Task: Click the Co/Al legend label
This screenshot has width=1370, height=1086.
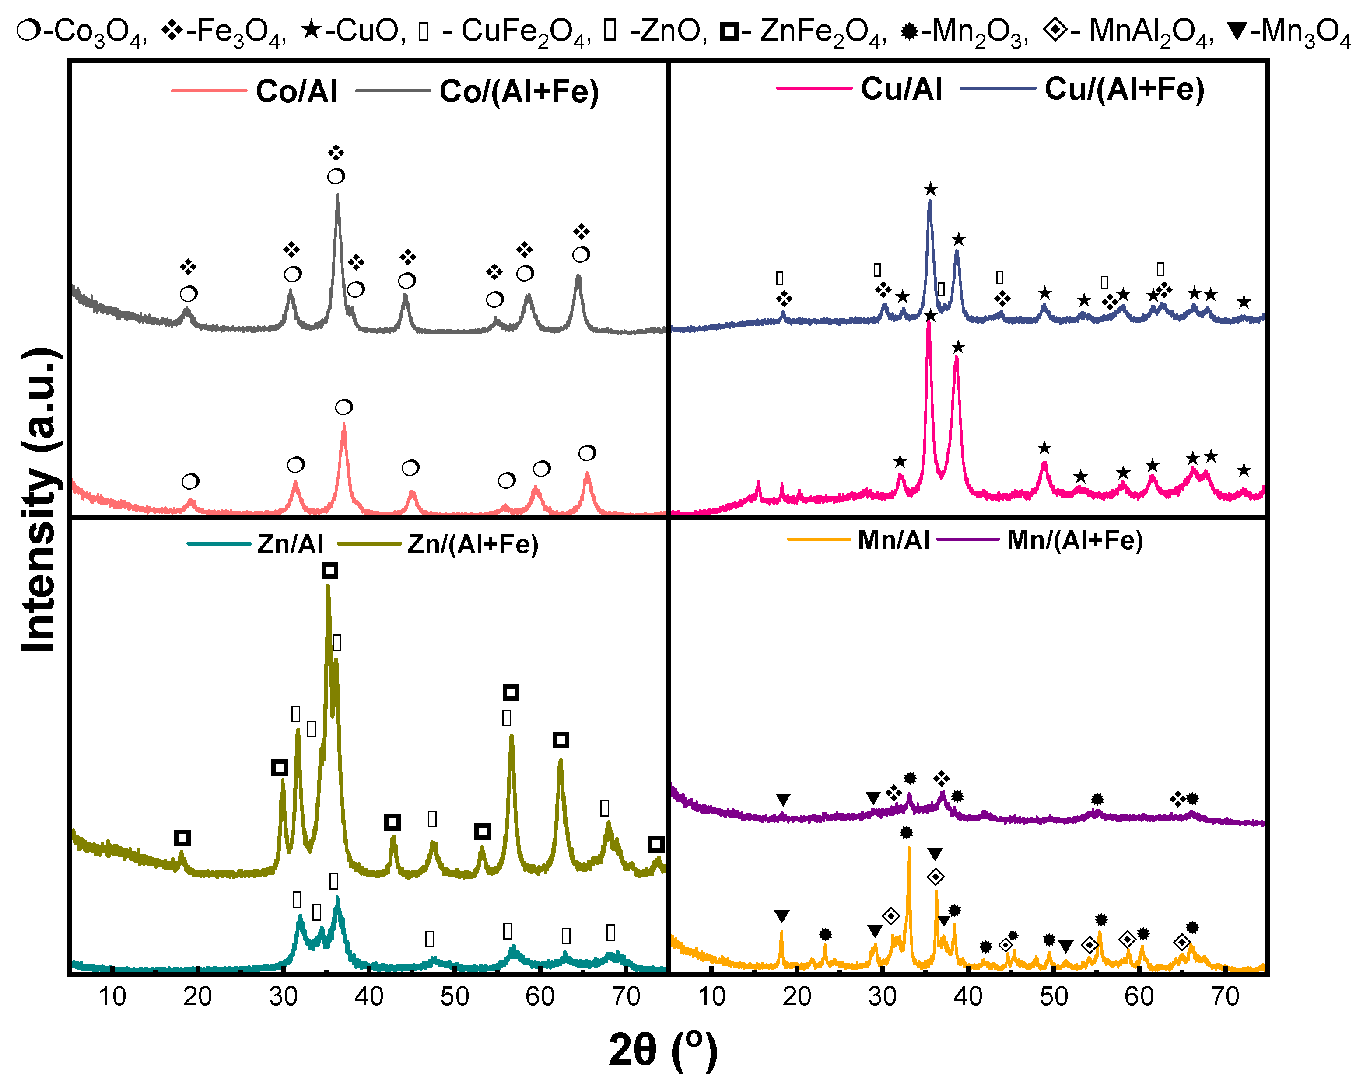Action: [x=296, y=91]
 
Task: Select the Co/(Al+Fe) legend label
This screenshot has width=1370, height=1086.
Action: [x=519, y=91]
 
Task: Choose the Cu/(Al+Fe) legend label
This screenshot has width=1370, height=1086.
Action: [x=1124, y=89]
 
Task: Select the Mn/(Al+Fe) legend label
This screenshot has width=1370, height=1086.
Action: [x=1075, y=540]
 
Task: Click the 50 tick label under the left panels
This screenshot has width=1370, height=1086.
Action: [x=454, y=996]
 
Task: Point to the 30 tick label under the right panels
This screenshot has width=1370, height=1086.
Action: [x=882, y=996]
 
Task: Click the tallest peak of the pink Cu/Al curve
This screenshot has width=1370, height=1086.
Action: [x=929, y=322]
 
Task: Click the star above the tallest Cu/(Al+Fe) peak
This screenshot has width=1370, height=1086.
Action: [x=930, y=189]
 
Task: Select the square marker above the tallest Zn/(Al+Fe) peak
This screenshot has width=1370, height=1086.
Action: [x=329, y=570]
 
